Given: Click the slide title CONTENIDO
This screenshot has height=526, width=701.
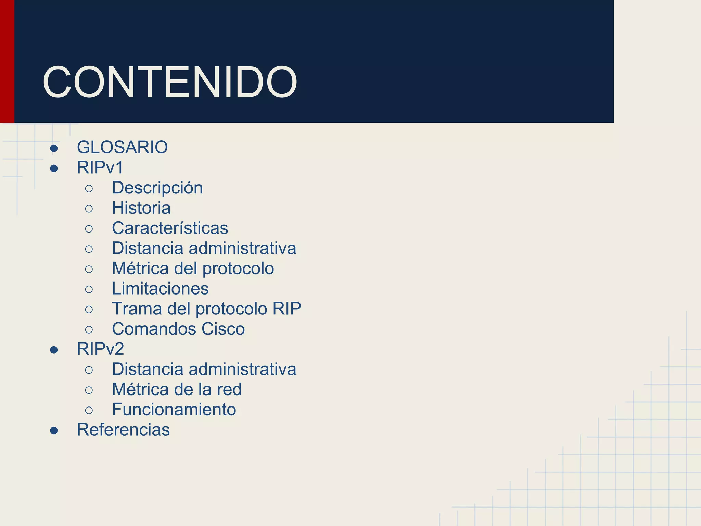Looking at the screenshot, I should pos(170,83).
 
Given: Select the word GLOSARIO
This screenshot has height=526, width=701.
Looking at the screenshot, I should pos(122,147).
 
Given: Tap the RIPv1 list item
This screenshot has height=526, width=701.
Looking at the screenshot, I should pos(100,167).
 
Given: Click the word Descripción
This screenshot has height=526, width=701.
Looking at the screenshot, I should pos(157,188).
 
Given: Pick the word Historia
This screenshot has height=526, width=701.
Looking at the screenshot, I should pos(141,208).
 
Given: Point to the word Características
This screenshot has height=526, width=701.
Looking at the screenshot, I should pos(170,228).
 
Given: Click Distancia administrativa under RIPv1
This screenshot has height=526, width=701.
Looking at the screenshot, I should pos(204,248).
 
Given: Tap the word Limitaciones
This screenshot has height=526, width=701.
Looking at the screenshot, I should pos(160,288).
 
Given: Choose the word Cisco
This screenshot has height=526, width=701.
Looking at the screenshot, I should pos(223,329).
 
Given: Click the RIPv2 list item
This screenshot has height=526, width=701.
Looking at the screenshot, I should pos(100,349).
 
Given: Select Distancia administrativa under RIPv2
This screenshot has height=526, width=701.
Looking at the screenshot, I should pos(204,369).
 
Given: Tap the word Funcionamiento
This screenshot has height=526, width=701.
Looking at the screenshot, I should pos(174,410).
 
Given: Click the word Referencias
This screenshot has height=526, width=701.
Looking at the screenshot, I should pos(123,429).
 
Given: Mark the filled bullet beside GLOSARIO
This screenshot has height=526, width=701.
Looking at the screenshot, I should pos(54,148).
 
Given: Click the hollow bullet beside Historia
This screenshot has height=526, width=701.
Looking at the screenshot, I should pos(89,209).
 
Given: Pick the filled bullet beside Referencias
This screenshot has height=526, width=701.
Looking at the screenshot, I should pos(54,430).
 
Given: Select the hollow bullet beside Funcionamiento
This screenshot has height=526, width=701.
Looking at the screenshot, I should pos(89,410).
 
